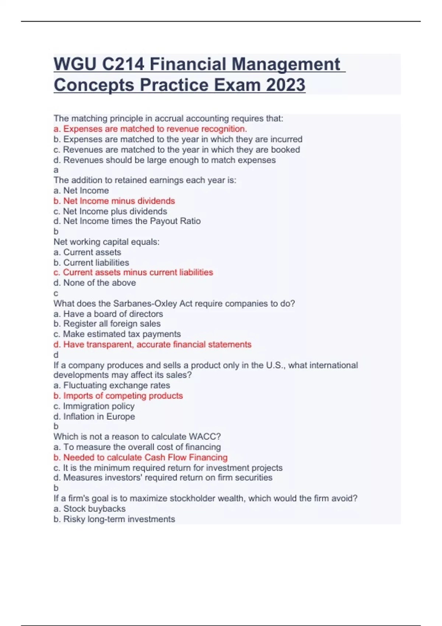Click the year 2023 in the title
point(285,85)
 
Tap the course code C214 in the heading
point(123,64)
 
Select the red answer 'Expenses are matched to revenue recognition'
point(150,129)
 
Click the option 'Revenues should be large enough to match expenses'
point(165,160)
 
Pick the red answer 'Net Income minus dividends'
point(114,201)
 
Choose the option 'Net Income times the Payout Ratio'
point(127,221)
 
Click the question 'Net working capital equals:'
point(106,242)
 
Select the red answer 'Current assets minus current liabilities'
point(133,272)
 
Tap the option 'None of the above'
point(95,283)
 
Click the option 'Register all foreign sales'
point(107,324)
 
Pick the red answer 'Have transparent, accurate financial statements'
point(152,344)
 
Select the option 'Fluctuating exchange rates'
point(112,385)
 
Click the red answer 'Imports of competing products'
point(118,395)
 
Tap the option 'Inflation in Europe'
point(94,416)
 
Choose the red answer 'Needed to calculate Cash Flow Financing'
point(141,457)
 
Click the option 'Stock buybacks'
point(90,509)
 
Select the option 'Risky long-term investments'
point(114,519)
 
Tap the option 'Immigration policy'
point(94,406)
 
